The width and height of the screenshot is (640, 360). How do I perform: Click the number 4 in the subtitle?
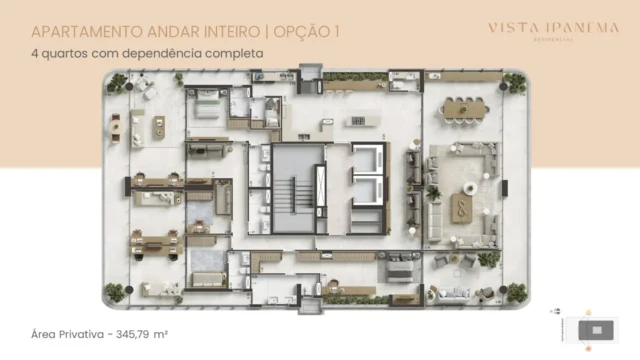tap(35, 51)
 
